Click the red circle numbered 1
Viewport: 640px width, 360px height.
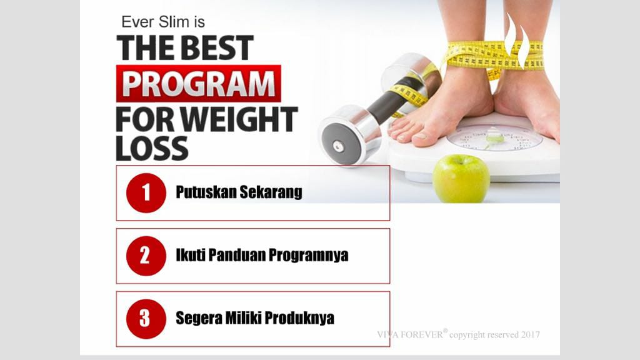tap(146, 192)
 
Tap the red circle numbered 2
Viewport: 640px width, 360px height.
tap(146, 256)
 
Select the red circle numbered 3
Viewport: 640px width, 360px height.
tap(146, 319)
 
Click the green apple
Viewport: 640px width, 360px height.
tap(461, 179)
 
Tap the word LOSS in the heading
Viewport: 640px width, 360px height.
tap(152, 148)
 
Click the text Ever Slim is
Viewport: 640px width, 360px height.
tap(162, 22)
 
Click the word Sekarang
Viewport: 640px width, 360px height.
tap(271, 192)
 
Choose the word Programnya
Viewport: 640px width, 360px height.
tap(311, 256)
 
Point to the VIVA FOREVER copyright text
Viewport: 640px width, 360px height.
tap(458, 334)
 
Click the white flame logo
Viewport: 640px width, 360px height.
tap(517, 41)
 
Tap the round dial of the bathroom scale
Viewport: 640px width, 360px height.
tap(494, 137)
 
